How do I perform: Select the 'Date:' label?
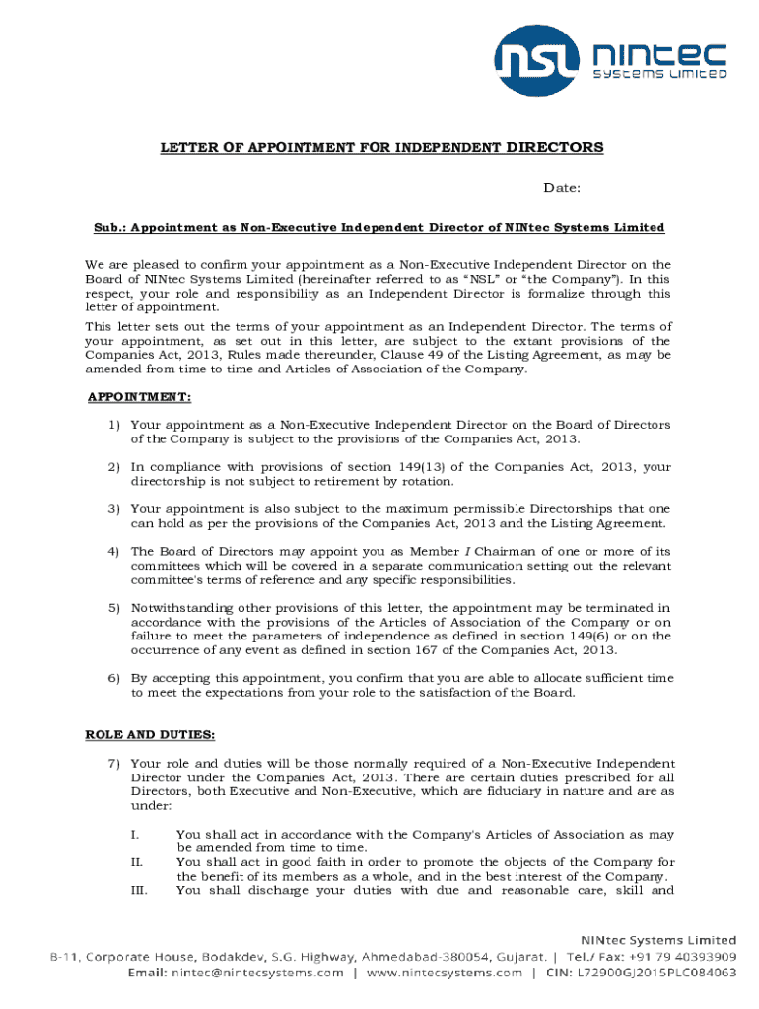tap(563, 188)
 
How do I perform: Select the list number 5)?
tap(114, 608)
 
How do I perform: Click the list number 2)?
tap(114, 467)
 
